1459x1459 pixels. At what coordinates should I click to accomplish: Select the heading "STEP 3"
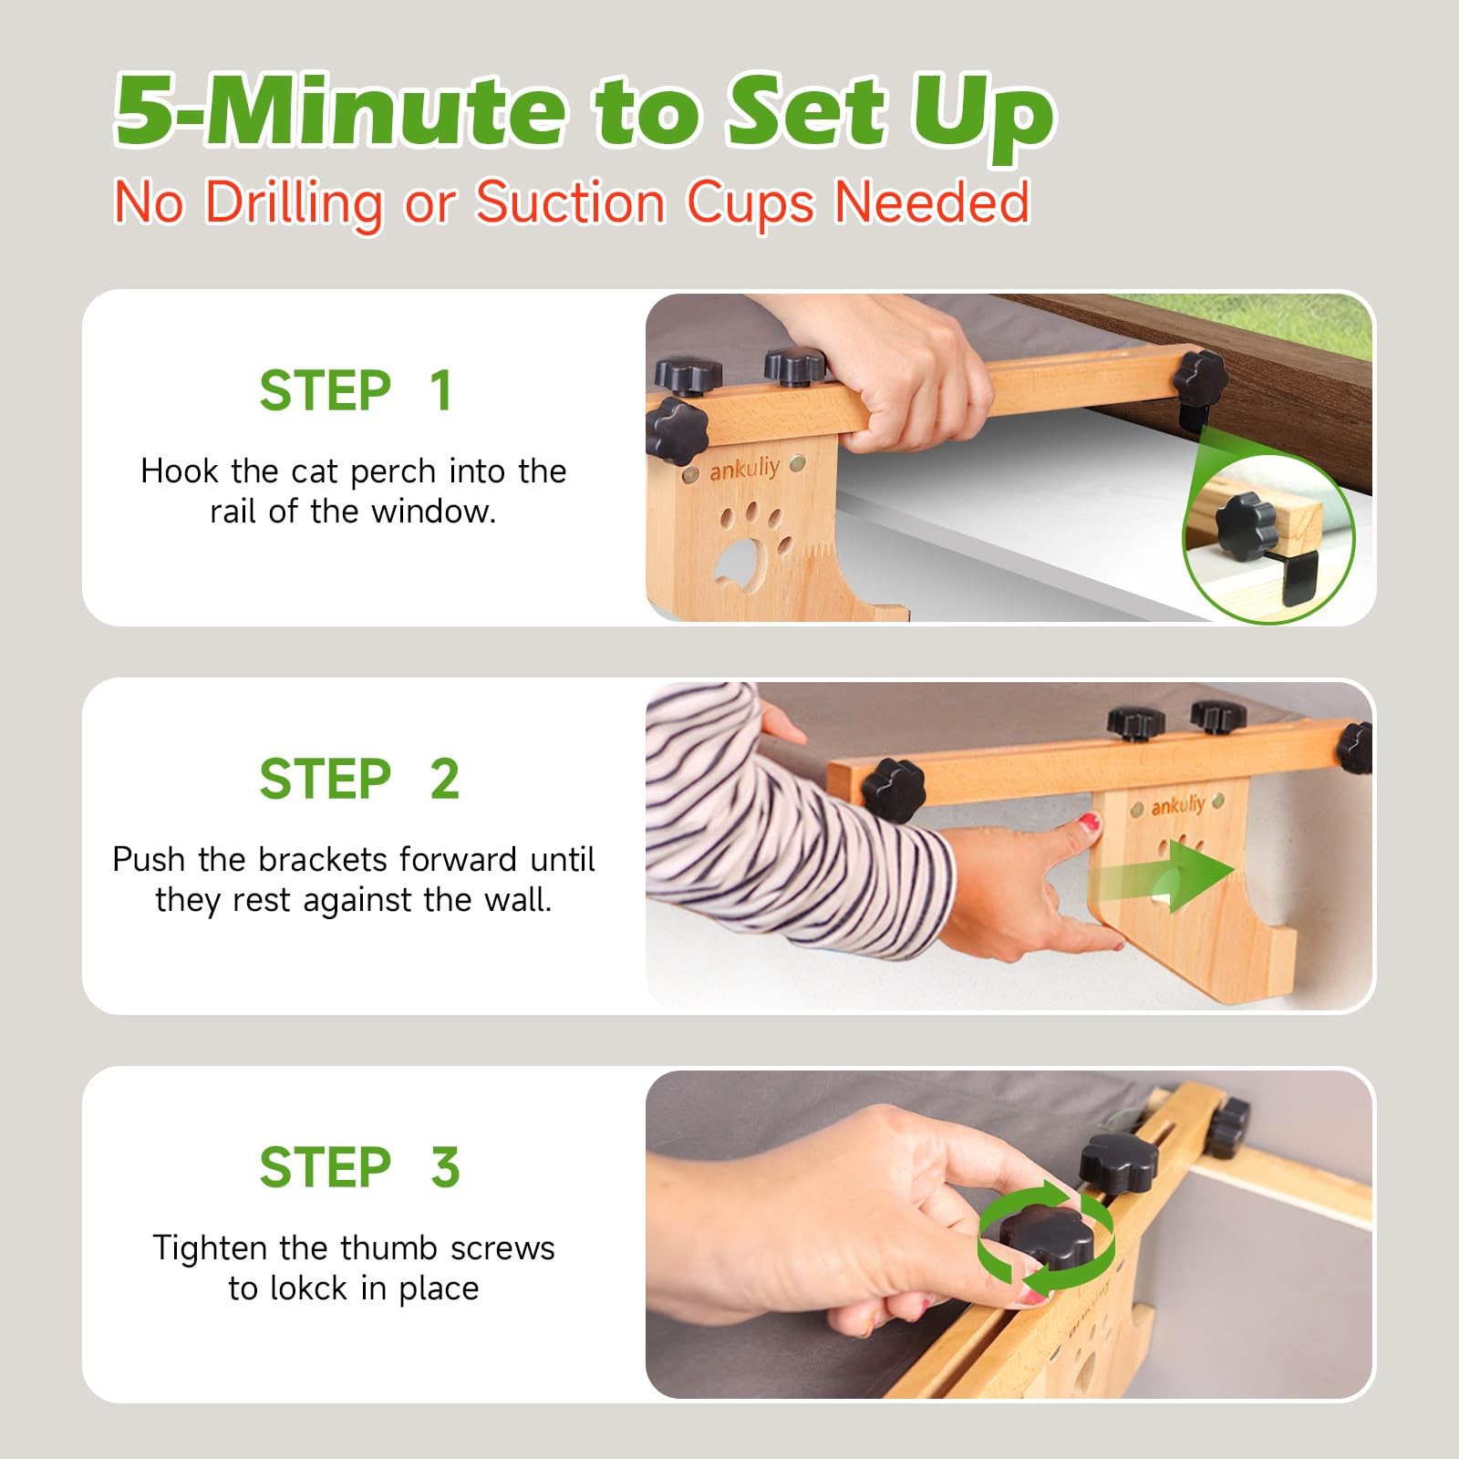359,1167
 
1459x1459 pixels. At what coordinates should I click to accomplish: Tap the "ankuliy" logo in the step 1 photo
744,469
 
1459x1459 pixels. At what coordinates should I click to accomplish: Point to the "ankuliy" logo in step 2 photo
1177,805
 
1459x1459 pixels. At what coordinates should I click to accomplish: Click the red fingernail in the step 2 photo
1088,824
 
